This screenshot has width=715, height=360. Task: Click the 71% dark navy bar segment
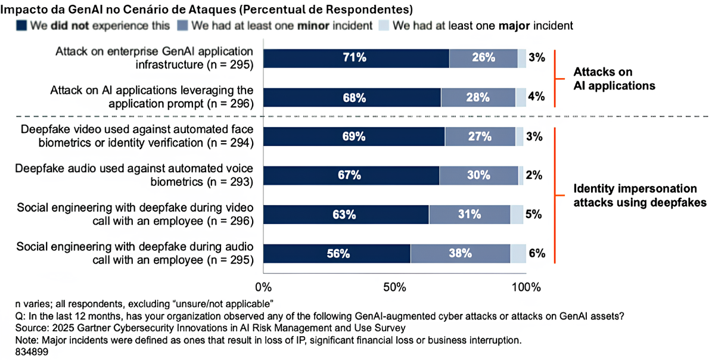356,58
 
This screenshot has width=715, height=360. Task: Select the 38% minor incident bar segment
460,253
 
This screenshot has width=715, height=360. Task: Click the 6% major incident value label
537,253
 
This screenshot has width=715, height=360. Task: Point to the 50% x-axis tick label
394,287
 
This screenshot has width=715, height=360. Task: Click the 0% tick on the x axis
263,287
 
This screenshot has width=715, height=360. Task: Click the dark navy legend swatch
22,26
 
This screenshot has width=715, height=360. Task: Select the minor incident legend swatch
183,26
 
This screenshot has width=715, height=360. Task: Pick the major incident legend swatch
384,26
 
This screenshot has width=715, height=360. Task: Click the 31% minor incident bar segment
470,214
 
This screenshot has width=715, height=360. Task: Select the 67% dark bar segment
351,175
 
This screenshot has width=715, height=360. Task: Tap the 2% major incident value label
534,175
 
